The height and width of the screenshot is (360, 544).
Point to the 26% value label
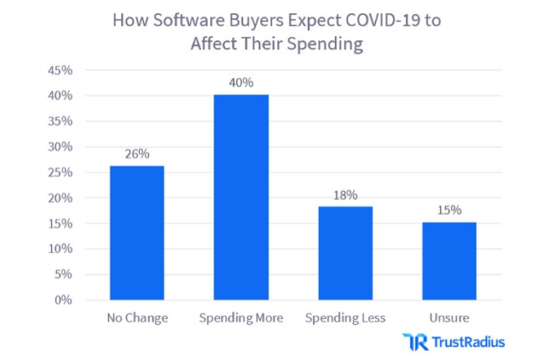[x=136, y=154]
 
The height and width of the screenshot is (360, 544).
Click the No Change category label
[x=136, y=318]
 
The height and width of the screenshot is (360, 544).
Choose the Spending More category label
[x=241, y=318]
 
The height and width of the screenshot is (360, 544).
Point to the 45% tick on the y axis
[x=61, y=70]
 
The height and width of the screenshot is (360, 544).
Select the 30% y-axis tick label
[x=61, y=147]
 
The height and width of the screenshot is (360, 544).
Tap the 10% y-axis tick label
[x=61, y=249]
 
